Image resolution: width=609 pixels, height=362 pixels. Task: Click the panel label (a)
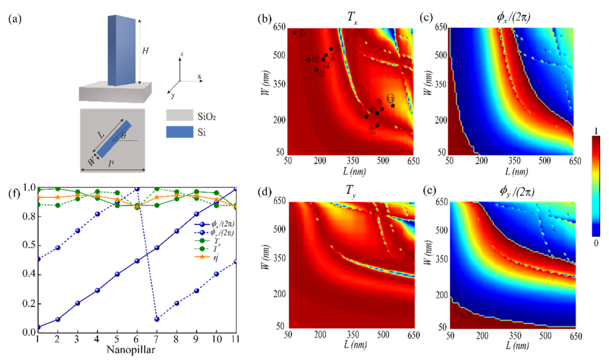15,19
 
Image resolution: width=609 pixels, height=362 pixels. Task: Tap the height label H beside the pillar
145,51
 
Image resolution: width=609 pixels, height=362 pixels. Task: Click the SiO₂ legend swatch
179,115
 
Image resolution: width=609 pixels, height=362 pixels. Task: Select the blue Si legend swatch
179,132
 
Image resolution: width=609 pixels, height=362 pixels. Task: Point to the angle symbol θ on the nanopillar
123,136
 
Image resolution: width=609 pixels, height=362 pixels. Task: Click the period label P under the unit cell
111,164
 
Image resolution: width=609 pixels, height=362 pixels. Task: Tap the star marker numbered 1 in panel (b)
295,33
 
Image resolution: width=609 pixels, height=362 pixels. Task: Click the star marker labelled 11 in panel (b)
393,106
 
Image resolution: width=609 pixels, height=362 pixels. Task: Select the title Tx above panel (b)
352,17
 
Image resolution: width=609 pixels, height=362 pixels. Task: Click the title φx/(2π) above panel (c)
513,17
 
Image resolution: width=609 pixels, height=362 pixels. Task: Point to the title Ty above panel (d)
351,191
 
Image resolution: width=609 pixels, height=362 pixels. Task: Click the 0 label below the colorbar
596,243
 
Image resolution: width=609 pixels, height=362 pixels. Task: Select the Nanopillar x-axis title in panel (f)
131,350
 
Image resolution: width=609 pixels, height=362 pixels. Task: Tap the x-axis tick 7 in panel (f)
156,339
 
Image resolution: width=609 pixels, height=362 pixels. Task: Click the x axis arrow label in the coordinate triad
199,77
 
